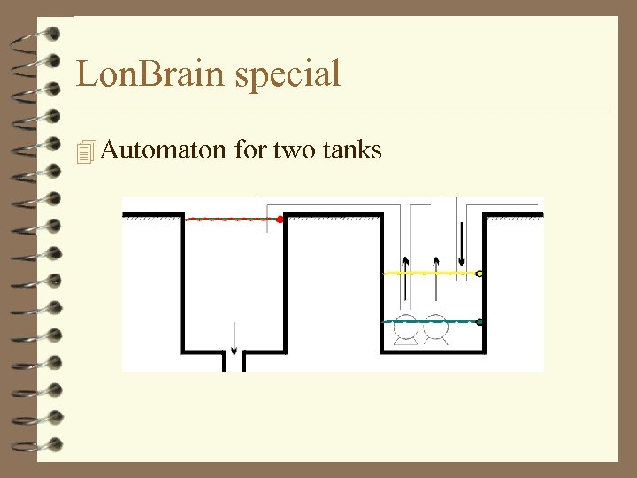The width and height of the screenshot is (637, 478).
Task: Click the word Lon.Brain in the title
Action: click(150, 73)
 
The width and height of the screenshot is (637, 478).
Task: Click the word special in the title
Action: click(288, 75)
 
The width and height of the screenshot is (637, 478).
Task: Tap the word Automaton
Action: click(164, 150)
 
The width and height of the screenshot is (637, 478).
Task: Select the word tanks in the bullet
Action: click(352, 150)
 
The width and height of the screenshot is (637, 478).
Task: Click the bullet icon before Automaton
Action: click(85, 151)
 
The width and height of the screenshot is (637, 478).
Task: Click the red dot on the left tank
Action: click(280, 219)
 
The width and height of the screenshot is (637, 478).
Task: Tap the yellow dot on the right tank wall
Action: click(480, 274)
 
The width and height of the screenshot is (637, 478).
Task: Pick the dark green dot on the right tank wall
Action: click(480, 322)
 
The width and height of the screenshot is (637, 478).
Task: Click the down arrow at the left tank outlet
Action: click(234, 338)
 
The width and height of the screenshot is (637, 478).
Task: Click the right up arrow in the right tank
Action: click(437, 268)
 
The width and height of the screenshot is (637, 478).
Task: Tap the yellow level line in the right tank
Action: click(429, 274)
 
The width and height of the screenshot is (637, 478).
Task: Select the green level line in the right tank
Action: click(429, 322)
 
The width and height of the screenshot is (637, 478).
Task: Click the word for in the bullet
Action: click(249, 150)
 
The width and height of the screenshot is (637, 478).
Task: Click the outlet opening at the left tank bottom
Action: click(234, 361)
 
